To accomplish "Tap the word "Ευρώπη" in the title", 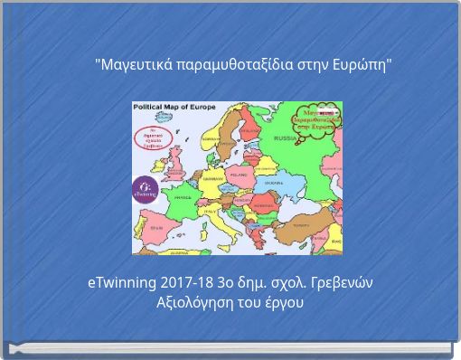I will point(359,65).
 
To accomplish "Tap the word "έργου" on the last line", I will point(284,302).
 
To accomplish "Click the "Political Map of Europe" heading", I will point(174,107).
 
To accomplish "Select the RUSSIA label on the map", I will point(286,138).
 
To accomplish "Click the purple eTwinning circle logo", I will point(145,189).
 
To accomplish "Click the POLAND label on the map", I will point(239,174).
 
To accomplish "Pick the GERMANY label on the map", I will point(212,179).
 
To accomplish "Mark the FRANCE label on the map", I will point(183,196).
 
